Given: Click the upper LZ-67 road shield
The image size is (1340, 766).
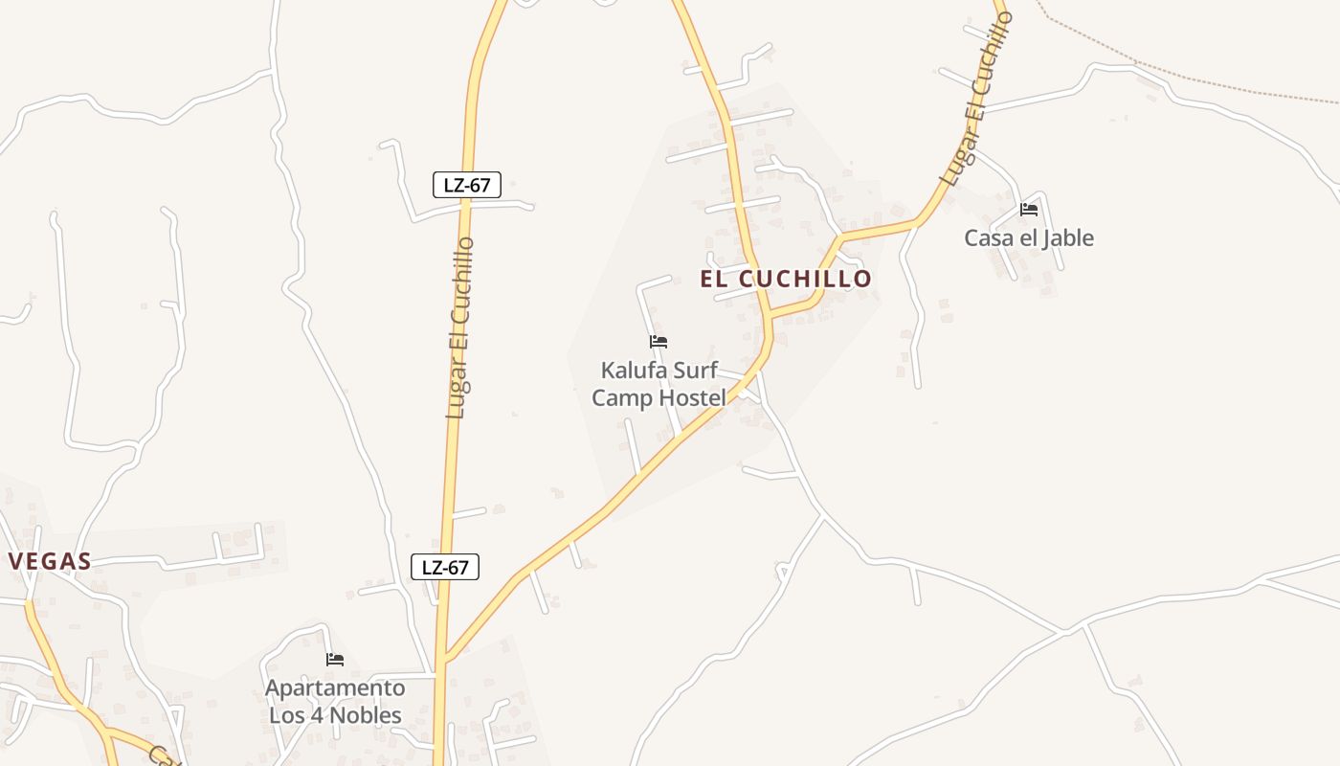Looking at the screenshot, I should click(467, 185).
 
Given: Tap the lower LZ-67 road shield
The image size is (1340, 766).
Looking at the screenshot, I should click(445, 567).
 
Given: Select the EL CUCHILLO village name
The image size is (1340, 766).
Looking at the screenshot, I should click(786, 279).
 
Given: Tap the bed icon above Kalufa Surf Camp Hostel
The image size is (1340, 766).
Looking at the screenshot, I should click(659, 342).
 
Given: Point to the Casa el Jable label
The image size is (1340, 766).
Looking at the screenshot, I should click(1028, 237).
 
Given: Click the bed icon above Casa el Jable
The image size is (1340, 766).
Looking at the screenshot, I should click(1029, 209).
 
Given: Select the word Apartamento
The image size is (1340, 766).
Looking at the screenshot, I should click(335, 688).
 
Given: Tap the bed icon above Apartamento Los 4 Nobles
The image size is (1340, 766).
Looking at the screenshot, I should click(335, 660).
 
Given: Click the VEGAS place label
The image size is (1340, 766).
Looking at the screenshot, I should click(50, 562).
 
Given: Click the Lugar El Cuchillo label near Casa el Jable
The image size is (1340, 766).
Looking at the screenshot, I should click(975, 101).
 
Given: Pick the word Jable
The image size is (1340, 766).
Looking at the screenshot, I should click(1068, 237).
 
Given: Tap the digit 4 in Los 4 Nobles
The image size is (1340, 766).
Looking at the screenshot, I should click(322, 715).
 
